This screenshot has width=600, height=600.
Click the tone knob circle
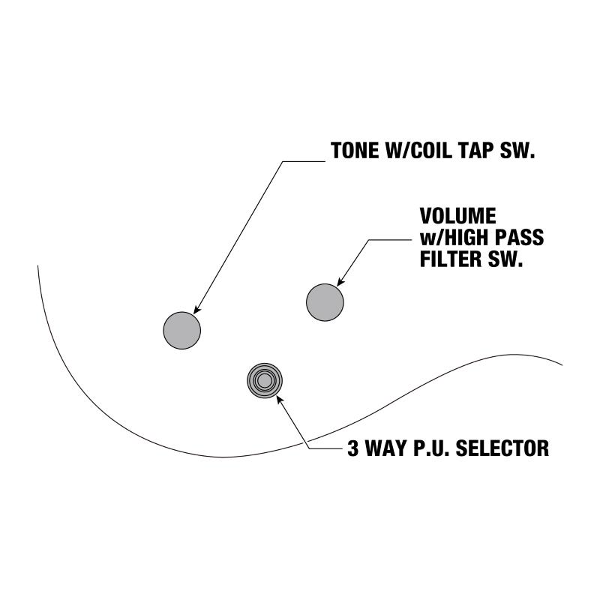click(182, 329)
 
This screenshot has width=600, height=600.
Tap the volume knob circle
click(325, 302)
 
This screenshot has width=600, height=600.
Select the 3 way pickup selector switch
click(264, 381)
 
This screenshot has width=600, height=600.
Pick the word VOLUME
click(457, 216)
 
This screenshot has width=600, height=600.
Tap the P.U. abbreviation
click(430, 449)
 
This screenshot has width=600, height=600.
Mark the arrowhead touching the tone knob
click(196, 310)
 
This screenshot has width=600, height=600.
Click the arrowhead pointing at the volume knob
click(340, 282)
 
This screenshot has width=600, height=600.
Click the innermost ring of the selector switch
click(264, 381)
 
